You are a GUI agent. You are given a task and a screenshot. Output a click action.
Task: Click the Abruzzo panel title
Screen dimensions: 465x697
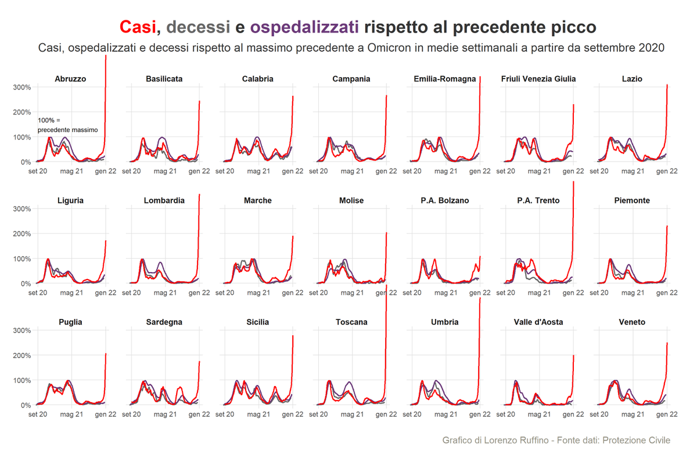(x=70, y=78)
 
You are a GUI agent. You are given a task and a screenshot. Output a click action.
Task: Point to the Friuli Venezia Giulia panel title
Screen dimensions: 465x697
(x=538, y=78)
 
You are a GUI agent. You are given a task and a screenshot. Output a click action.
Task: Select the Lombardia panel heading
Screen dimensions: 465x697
(x=164, y=201)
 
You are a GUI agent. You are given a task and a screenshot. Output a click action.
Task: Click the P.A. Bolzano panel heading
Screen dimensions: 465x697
(x=445, y=201)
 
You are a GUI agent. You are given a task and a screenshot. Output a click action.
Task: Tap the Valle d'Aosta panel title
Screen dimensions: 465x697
(x=538, y=322)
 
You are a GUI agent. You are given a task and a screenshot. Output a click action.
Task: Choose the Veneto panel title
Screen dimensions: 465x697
(x=632, y=322)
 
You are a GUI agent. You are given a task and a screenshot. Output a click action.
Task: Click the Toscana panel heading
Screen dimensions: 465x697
(x=351, y=322)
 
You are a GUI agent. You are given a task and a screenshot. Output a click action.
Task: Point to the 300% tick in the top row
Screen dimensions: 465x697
(x=22, y=87)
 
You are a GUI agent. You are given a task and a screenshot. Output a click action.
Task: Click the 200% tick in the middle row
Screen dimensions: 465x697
(x=22, y=234)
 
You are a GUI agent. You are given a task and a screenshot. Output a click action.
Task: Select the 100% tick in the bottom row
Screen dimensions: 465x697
(x=22, y=380)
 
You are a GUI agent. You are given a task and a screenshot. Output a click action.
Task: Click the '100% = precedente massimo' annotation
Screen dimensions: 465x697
(x=67, y=125)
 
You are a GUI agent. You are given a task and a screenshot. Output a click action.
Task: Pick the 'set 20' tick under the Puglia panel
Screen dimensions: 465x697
(x=37, y=414)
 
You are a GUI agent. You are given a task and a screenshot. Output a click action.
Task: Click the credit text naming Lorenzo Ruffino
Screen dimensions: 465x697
(x=556, y=441)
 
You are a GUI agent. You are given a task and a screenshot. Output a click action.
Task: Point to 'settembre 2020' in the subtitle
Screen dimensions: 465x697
(x=630, y=48)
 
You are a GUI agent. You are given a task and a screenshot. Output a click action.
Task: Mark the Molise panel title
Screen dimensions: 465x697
(x=351, y=201)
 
